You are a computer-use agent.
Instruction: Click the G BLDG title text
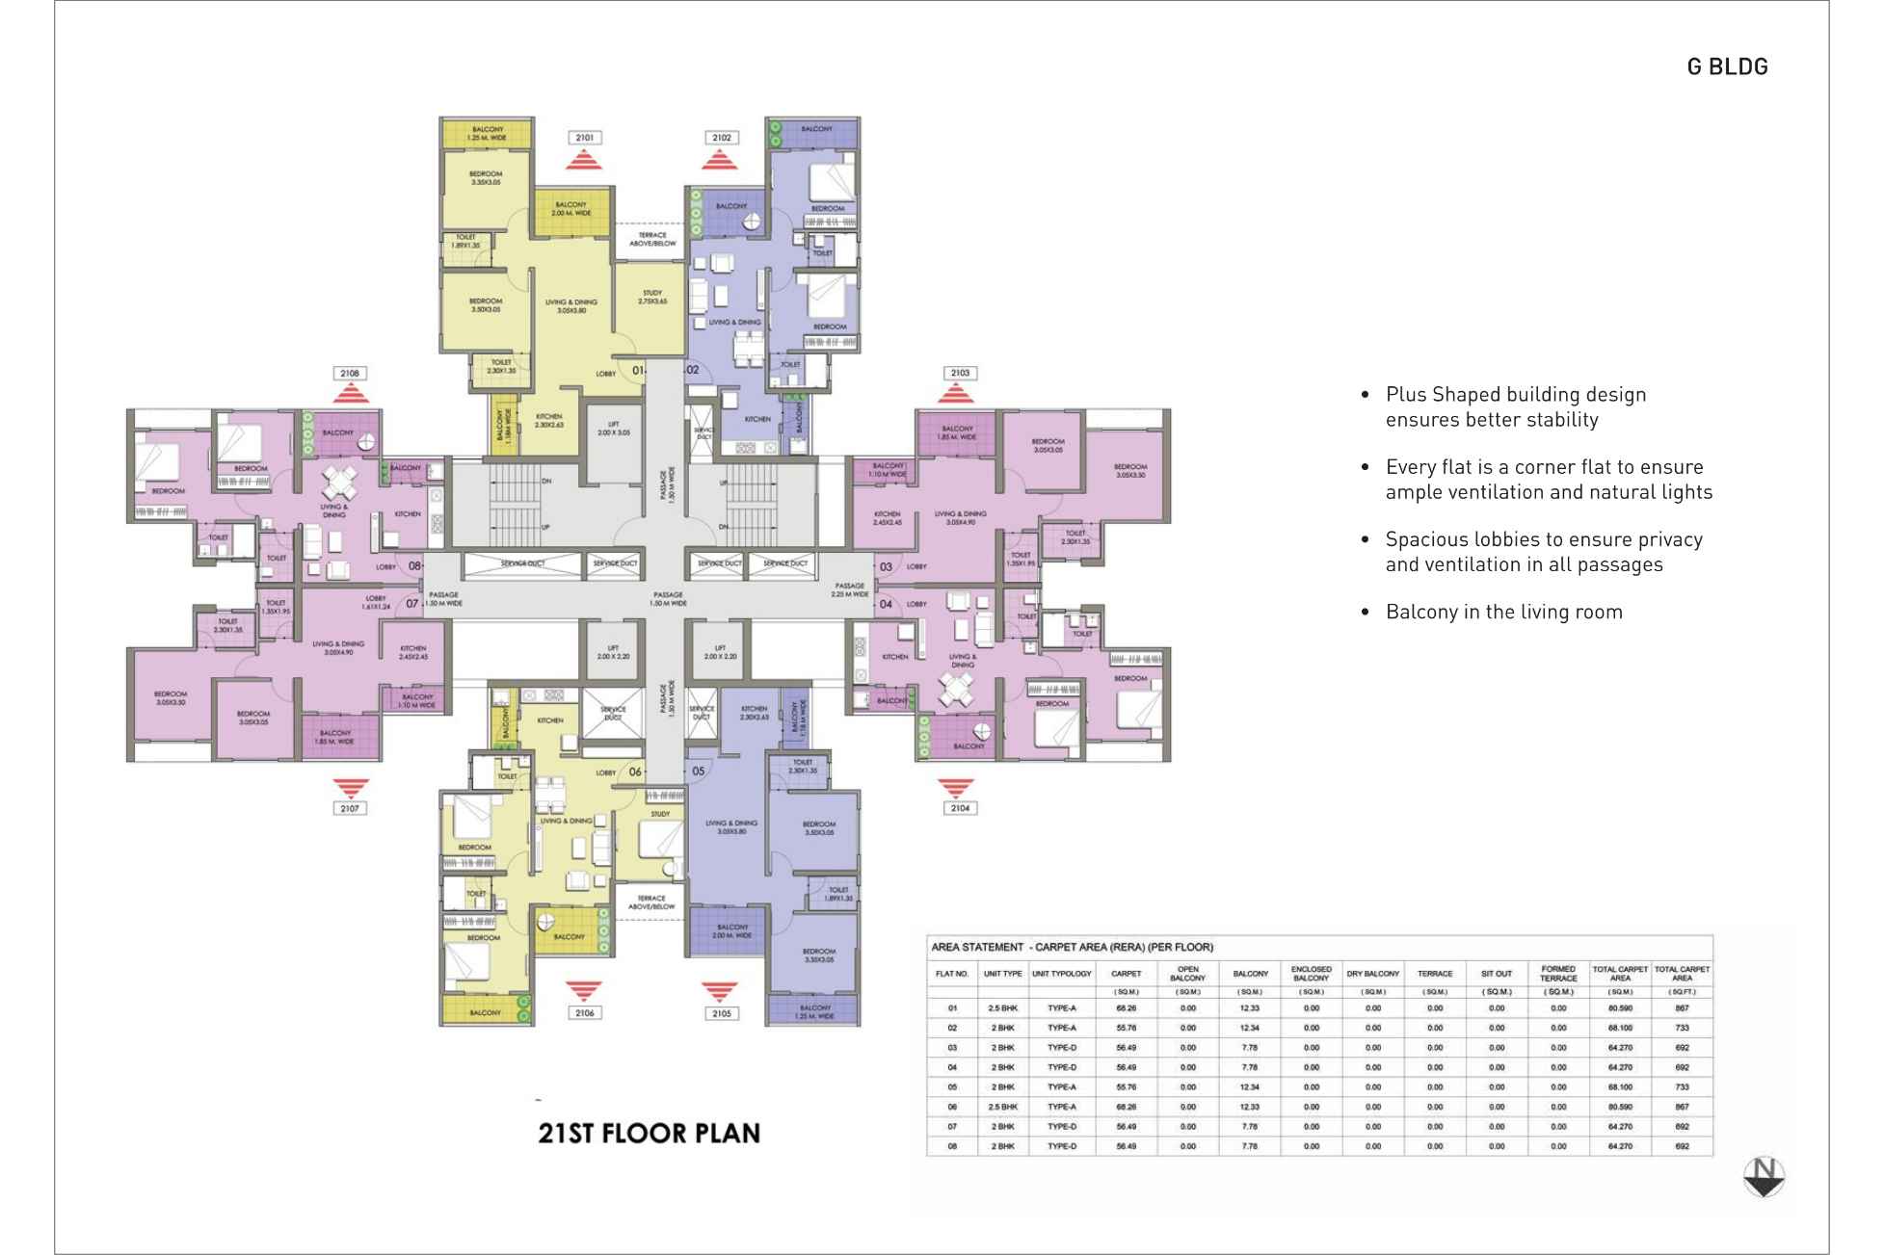pyautogui.click(x=1727, y=66)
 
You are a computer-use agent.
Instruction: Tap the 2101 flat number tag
pyautogui.click(x=584, y=138)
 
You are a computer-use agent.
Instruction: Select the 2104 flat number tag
pyautogui.click(x=959, y=808)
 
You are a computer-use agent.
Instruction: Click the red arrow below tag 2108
pyautogui.click(x=351, y=394)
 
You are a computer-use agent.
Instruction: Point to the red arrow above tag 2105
pyautogui.click(x=719, y=991)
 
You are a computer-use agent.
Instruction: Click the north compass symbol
pyautogui.click(x=1764, y=1176)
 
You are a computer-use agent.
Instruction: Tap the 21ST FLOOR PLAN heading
pyautogui.click(x=649, y=1134)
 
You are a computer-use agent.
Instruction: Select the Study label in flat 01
pyautogui.click(x=651, y=297)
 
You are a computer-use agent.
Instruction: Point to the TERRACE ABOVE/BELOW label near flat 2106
pyautogui.click(x=651, y=902)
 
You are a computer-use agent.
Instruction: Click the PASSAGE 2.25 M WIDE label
pyautogui.click(x=850, y=590)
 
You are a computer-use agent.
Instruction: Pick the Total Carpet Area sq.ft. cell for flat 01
pyautogui.click(x=1682, y=1008)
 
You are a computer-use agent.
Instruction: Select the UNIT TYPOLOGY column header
pyautogui.click(x=1061, y=974)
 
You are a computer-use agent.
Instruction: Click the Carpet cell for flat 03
pyautogui.click(x=1126, y=1048)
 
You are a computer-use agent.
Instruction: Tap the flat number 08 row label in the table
pyautogui.click(x=952, y=1146)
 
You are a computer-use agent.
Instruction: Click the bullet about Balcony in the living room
pyautogui.click(x=1503, y=612)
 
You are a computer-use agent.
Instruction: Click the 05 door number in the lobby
pyautogui.click(x=699, y=771)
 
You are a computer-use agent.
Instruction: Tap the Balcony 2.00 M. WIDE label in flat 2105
pyautogui.click(x=731, y=931)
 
